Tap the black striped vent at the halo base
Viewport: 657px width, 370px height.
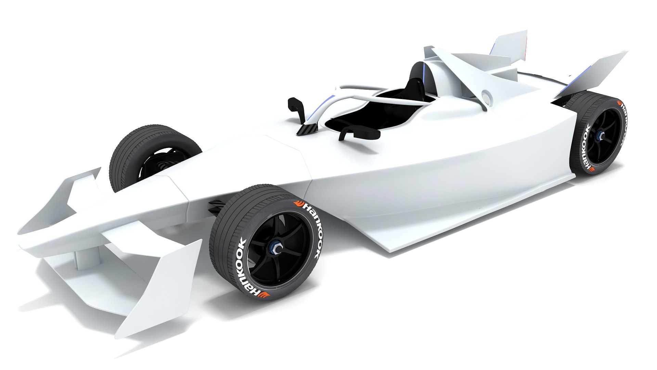click(x=307, y=129)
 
